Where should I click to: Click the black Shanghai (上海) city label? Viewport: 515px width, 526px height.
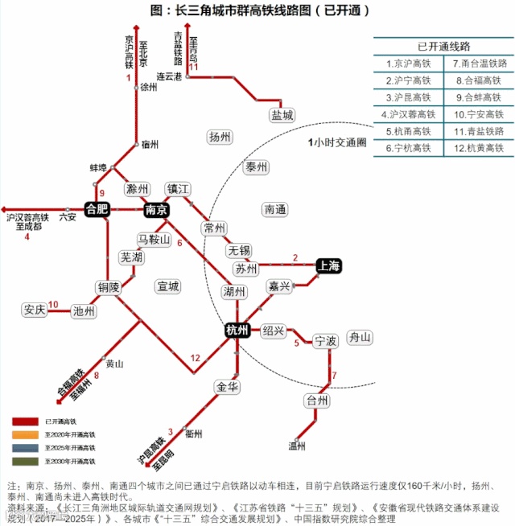click(x=329, y=265)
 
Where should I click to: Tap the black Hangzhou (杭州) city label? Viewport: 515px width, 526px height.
click(x=237, y=330)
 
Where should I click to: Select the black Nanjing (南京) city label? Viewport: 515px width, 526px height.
click(x=156, y=210)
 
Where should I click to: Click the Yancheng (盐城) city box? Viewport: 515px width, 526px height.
click(x=282, y=115)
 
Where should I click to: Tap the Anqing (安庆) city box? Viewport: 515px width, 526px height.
click(x=35, y=310)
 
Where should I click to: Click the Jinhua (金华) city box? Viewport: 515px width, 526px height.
click(x=228, y=387)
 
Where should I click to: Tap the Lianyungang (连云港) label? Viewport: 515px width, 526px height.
click(x=170, y=76)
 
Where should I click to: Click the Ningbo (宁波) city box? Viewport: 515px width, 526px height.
click(x=325, y=341)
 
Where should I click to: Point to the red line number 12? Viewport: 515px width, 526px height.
click(x=195, y=358)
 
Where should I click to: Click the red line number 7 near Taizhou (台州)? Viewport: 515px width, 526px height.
click(x=334, y=375)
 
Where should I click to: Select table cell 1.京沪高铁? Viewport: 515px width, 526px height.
click(x=409, y=62)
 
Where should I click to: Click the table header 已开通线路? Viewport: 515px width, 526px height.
click(x=443, y=45)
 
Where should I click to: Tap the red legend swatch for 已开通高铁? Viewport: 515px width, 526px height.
click(x=25, y=421)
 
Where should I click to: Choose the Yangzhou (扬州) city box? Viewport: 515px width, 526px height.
click(x=219, y=137)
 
